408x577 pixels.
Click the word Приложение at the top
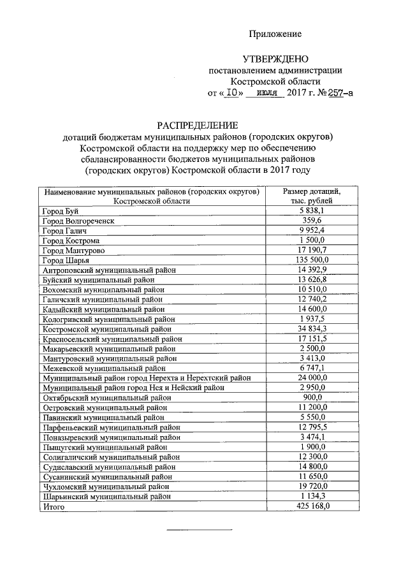pyautogui.click(x=275, y=34)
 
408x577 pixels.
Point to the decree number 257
pyautogui.click(x=335, y=94)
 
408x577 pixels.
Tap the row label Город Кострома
pyautogui.click(x=70, y=240)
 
